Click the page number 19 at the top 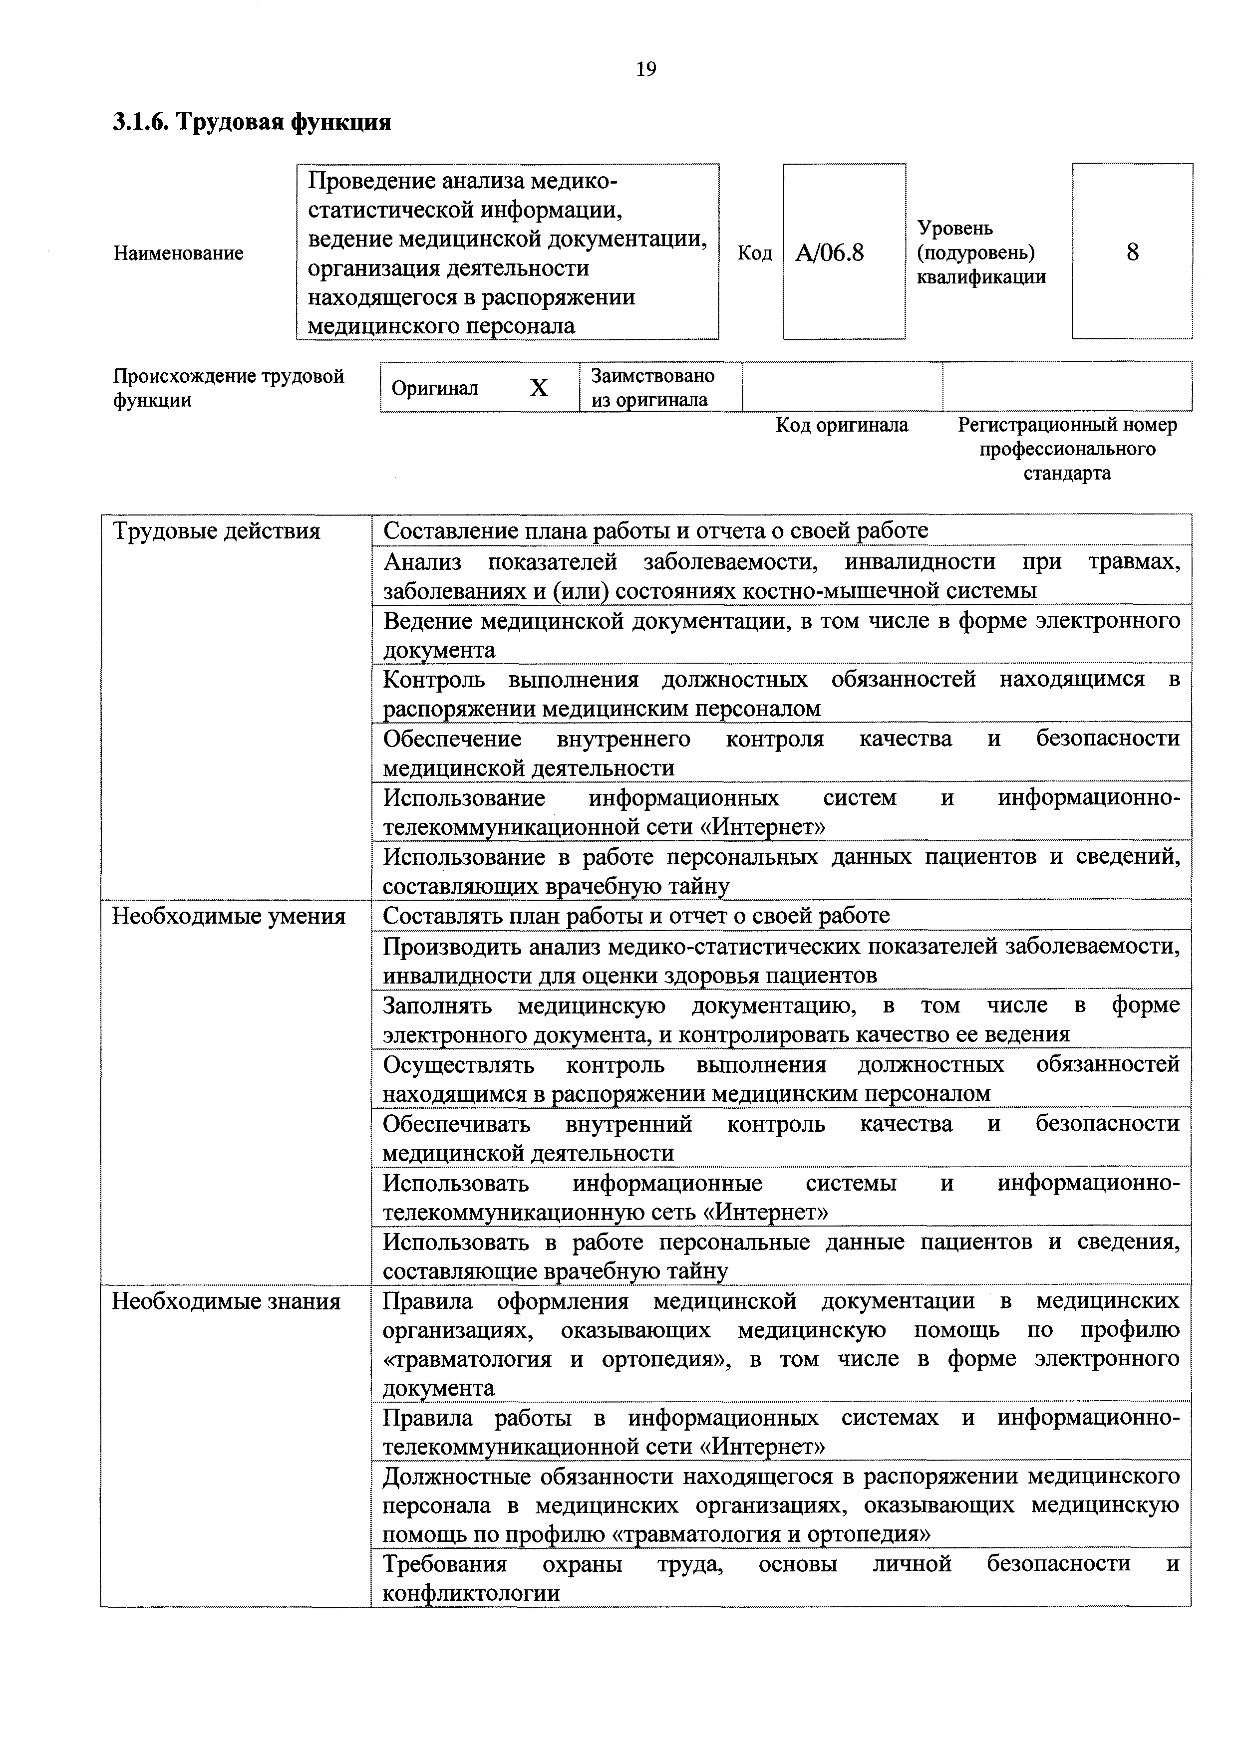pyautogui.click(x=645, y=69)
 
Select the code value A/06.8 pyautogui.click(x=829, y=252)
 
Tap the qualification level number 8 pyautogui.click(x=1132, y=252)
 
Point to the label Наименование pyautogui.click(x=178, y=253)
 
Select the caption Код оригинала pyautogui.click(x=842, y=425)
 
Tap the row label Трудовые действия pyautogui.click(x=217, y=531)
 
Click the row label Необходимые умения pyautogui.click(x=229, y=916)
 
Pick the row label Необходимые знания pyautogui.click(x=227, y=1301)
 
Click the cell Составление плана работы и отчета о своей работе pyautogui.click(x=655, y=530)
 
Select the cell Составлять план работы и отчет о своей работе pyautogui.click(x=636, y=915)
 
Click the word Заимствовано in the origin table pyautogui.click(x=652, y=376)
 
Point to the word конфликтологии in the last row pyautogui.click(x=471, y=1593)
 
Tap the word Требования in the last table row pyautogui.click(x=444, y=1564)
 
